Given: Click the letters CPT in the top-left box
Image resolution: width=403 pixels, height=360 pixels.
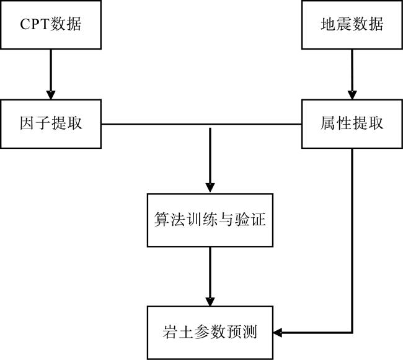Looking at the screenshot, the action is pos(35,24).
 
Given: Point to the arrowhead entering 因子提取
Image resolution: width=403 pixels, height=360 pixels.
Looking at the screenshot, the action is pos(51,95).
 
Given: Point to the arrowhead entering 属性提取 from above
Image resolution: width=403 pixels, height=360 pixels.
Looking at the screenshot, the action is pos(352,95).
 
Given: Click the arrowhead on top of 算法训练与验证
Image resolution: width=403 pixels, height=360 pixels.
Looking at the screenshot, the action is pos(210,188).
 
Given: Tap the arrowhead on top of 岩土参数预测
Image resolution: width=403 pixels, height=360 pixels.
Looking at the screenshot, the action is pos(210,302).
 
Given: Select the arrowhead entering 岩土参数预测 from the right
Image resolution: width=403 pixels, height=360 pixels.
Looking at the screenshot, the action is pos(278,333).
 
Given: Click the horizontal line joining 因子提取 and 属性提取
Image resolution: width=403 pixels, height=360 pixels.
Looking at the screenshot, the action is pos(201,124).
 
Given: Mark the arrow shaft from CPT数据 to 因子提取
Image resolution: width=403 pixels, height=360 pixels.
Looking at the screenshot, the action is pos(51,70).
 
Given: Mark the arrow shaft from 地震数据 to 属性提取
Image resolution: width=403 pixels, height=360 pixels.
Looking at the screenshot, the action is pos(352,70).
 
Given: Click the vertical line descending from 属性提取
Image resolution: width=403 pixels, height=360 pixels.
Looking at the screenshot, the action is pos(352,240).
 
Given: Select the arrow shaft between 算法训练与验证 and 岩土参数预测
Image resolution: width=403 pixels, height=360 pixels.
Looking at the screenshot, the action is pos(210,272).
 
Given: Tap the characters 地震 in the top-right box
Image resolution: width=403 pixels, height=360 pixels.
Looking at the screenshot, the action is pos(336,24).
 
